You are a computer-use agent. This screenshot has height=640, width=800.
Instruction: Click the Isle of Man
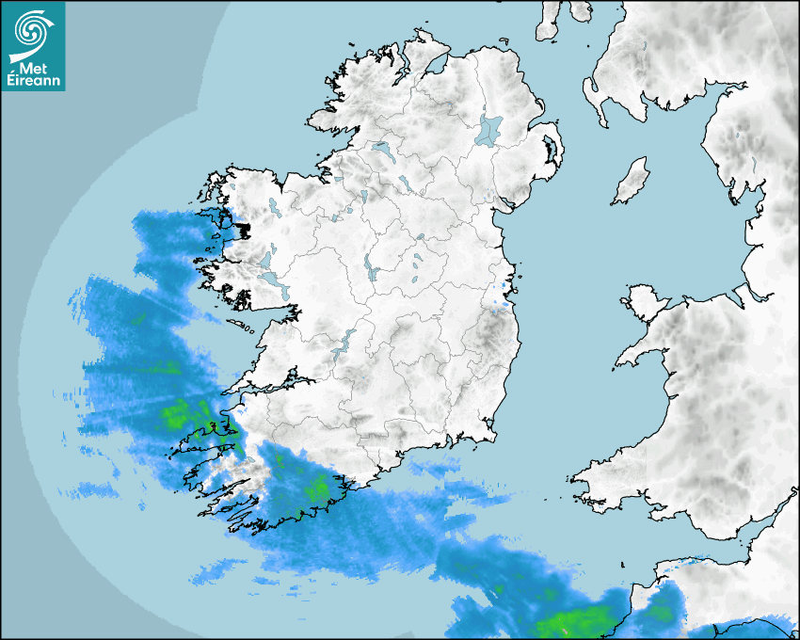point(632,181)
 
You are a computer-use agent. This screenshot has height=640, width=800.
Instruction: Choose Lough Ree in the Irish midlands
point(371,268)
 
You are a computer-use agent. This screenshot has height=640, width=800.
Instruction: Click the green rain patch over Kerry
point(188,414)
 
